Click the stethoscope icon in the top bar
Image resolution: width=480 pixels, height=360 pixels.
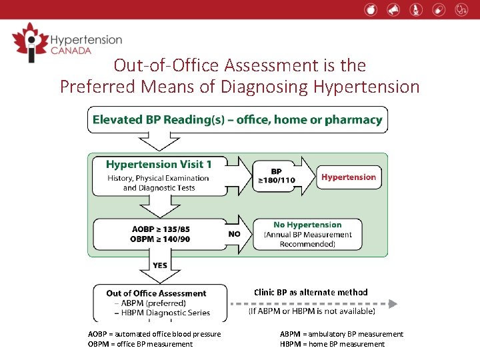pos(461,9)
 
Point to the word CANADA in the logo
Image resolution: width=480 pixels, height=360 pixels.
pos(70,51)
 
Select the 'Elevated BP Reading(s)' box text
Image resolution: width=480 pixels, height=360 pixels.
pos(237,120)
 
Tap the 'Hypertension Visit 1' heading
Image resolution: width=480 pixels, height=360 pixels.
pos(158,164)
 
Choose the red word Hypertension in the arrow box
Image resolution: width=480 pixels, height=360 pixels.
pos(349,177)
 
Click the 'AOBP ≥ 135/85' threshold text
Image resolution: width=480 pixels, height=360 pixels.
pos(161,229)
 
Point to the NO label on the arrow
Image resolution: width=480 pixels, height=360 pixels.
pos(235,234)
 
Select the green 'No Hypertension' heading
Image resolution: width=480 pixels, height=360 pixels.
pos(307,225)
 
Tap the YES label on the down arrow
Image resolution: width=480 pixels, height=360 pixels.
pos(160,265)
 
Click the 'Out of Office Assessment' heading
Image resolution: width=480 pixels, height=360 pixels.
pos(156,293)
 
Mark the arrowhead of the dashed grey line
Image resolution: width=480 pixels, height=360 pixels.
pos(393,303)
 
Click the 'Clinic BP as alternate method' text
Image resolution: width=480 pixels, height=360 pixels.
pos(311,292)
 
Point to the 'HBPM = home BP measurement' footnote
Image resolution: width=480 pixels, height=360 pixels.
pos(332,344)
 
